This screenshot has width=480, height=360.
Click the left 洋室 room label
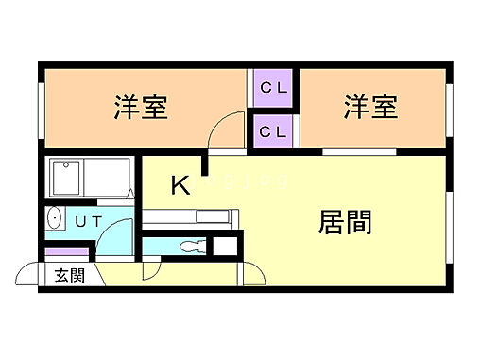(141, 109)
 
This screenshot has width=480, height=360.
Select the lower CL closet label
(273, 131)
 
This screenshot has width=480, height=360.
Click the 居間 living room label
(344, 222)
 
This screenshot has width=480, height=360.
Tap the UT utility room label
(88, 221)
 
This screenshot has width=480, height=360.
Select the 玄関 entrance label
(68, 276)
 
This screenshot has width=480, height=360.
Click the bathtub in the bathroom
(88, 177)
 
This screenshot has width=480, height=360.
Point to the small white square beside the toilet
(225, 248)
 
